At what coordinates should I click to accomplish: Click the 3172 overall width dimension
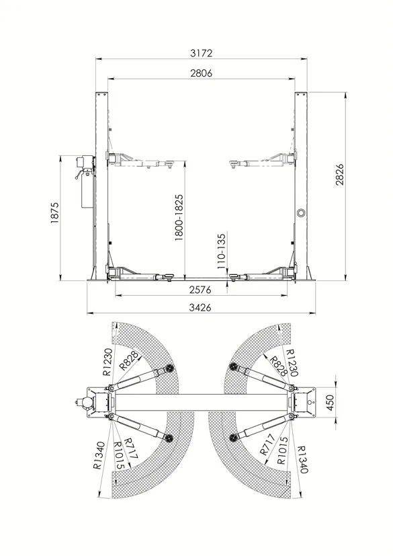(x=201, y=53)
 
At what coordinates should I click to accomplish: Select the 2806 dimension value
(x=201, y=73)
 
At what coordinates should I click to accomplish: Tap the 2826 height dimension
(x=339, y=174)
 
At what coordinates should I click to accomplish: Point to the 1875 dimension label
(x=54, y=212)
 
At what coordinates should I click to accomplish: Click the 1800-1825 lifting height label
(x=179, y=217)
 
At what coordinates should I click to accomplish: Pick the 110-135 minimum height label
(x=221, y=251)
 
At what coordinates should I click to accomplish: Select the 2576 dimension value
(x=200, y=290)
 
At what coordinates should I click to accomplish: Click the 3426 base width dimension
(x=200, y=307)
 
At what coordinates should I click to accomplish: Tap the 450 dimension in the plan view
(x=330, y=403)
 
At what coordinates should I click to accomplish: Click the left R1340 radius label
(x=99, y=456)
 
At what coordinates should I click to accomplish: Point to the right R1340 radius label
(x=302, y=460)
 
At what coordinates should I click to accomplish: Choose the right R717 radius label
(x=267, y=444)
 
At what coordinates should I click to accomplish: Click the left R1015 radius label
(x=118, y=456)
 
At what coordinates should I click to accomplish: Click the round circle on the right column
(x=302, y=212)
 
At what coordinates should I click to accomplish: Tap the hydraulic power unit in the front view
(x=85, y=182)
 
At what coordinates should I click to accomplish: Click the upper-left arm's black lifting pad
(x=169, y=369)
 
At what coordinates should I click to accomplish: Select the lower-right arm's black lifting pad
(x=233, y=438)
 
